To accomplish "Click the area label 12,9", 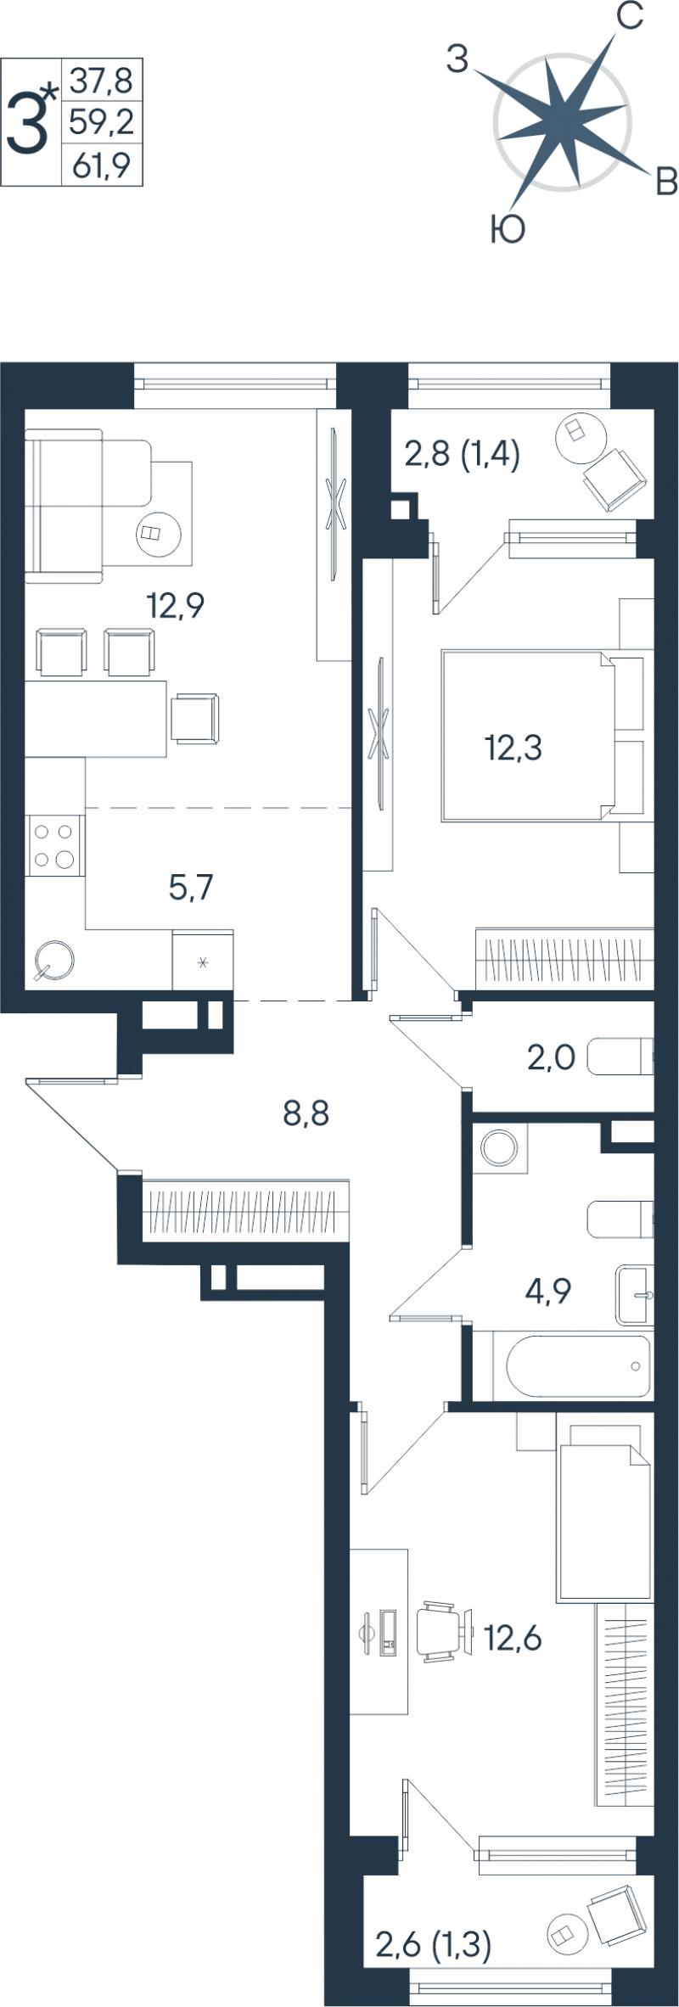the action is (176, 606).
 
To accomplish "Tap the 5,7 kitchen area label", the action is (191, 888).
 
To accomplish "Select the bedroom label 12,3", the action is (513, 748).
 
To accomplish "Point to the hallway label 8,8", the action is (306, 1113).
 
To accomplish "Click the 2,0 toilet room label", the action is (552, 1057).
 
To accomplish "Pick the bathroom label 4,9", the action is (548, 1291).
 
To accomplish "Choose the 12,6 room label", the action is (513, 1638).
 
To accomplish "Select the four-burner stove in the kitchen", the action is (55, 845).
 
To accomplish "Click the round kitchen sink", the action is (53, 961).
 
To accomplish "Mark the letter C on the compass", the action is (629, 16).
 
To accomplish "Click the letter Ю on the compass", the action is (508, 229).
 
